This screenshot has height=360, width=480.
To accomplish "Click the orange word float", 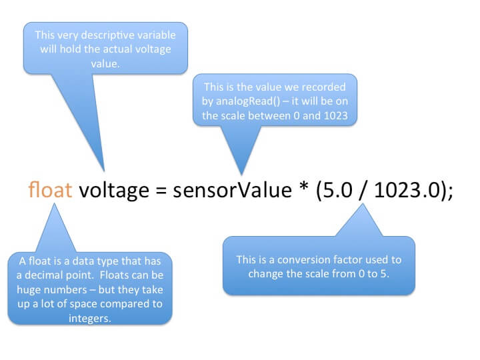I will (x=51, y=191).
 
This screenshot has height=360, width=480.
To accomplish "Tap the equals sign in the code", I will (x=160, y=192).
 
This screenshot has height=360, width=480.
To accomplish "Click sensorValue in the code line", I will (x=228, y=191).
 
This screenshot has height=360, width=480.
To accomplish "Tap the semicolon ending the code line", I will (x=451, y=193).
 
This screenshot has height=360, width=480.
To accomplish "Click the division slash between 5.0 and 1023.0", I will (x=359, y=191).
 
